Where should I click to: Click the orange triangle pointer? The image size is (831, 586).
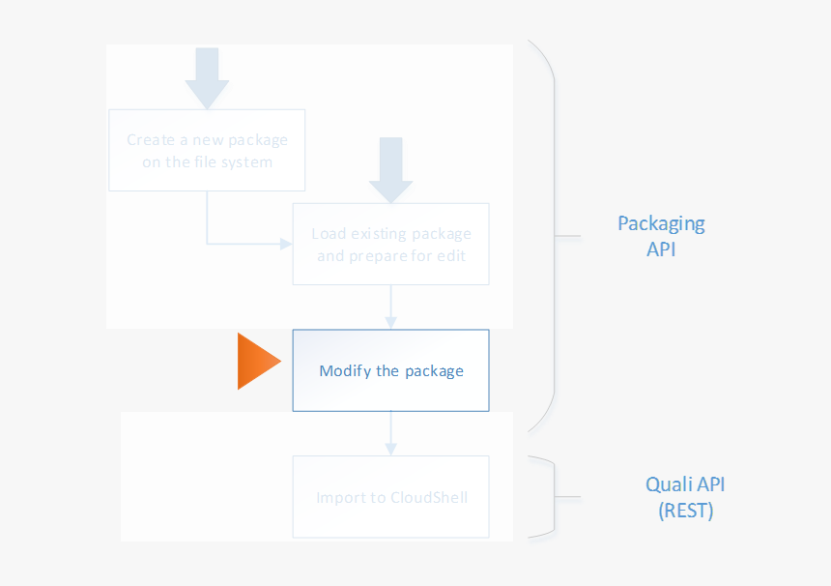[x=255, y=362]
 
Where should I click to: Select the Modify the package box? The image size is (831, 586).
[x=390, y=370]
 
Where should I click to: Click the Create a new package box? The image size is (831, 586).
[x=207, y=150]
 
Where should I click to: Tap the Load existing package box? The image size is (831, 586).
[x=390, y=244]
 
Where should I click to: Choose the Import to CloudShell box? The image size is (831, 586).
[x=390, y=497]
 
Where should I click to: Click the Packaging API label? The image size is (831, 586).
[x=661, y=235]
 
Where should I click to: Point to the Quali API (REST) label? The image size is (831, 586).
[x=686, y=497]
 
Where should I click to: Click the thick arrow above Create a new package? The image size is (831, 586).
[x=207, y=77]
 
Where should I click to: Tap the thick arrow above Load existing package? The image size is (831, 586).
[x=390, y=169]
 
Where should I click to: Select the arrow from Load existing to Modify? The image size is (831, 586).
[x=390, y=307]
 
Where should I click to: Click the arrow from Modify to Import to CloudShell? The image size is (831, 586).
[x=390, y=433]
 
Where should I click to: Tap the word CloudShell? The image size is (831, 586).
[x=429, y=498]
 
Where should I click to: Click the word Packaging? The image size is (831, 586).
[x=661, y=224]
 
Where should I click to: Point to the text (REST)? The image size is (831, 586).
[x=686, y=511]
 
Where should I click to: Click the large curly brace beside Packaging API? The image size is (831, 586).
[x=551, y=235]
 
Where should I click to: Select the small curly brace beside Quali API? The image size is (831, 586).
[x=553, y=497]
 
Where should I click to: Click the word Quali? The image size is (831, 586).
[x=668, y=484]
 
